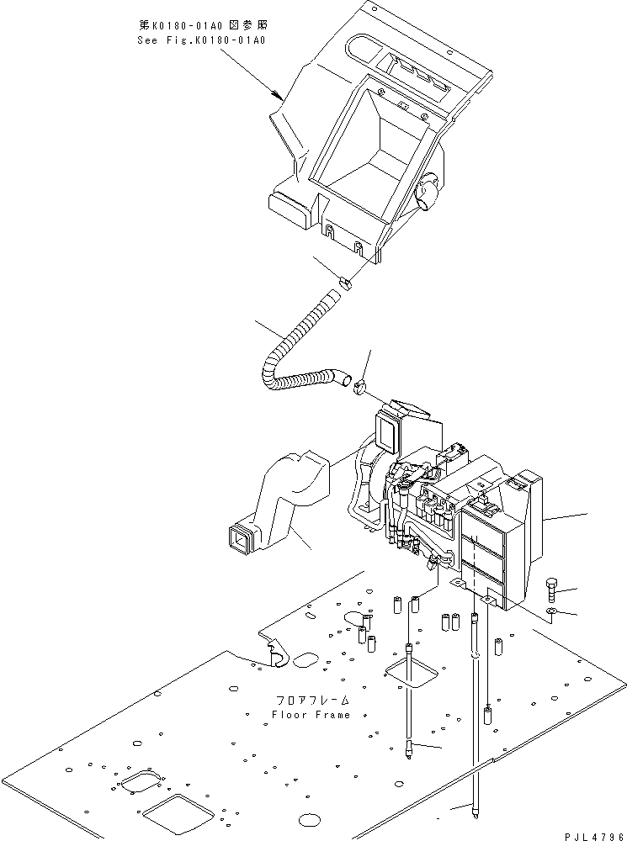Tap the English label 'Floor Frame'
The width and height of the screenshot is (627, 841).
click(311, 714)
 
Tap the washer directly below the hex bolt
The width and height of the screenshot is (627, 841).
click(551, 611)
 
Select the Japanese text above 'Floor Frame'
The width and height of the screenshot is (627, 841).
click(311, 700)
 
